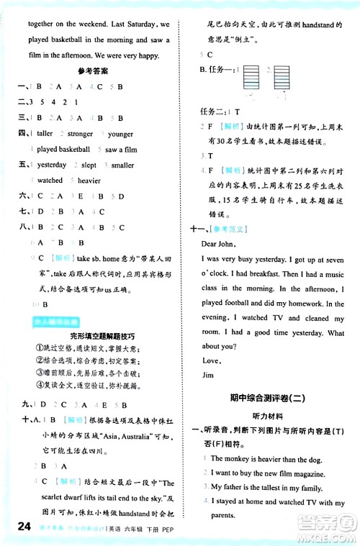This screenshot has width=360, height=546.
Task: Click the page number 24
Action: [x=15, y=528]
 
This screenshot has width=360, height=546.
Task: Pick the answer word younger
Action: [x=121, y=134]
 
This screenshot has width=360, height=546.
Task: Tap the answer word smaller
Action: [x=122, y=165]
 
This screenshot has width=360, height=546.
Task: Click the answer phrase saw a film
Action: [x=120, y=150]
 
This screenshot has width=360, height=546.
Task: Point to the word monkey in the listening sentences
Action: [x=238, y=458]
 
